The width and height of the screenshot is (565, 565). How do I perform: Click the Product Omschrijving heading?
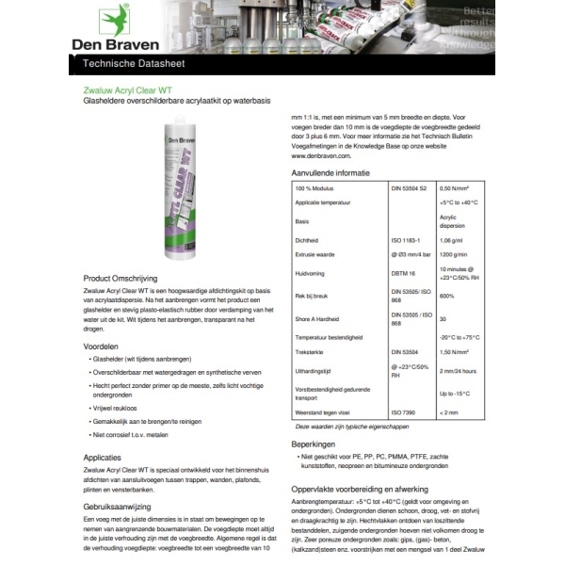pos(125,280)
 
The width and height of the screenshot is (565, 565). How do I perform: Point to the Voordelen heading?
pos(101,347)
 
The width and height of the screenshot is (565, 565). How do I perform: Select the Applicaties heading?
pos(103,455)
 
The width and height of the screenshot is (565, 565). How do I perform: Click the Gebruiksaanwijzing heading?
pos(120,507)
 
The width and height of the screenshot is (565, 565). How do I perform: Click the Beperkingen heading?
pos(315,443)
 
